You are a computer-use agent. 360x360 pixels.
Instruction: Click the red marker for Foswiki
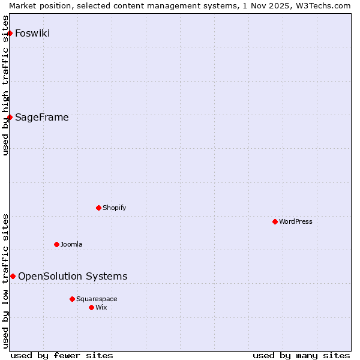10,33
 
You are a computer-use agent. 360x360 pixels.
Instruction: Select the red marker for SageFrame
10,117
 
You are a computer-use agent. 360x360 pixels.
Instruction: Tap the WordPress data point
275,221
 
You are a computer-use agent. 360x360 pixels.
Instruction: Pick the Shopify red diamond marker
98,208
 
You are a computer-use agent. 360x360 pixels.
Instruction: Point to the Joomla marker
56,244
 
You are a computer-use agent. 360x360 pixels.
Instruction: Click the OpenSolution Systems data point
13,276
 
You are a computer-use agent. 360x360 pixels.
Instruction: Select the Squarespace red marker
72,299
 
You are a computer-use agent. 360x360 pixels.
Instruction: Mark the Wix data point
91,307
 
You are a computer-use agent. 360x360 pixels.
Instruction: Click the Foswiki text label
32,33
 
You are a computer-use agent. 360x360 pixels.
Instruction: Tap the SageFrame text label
42,117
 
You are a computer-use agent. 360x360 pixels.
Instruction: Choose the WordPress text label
296,221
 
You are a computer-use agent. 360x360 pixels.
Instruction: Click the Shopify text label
115,208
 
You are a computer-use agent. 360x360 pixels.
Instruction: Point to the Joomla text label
71,244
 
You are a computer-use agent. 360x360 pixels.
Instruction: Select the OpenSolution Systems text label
73,276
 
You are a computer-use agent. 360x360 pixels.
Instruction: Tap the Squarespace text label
97,299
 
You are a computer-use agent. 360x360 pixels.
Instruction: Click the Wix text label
101,307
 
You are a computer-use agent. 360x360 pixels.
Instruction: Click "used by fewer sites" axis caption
62,355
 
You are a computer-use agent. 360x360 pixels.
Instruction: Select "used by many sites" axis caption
301,355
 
